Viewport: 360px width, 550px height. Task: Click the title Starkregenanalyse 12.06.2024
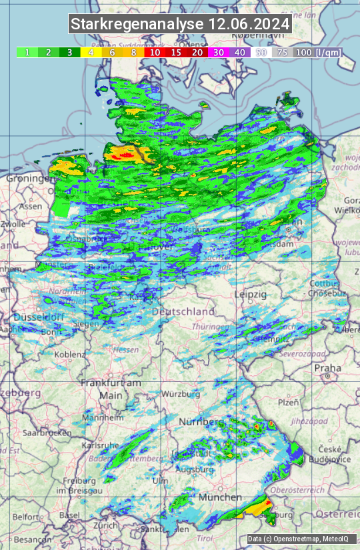[x=180, y=25]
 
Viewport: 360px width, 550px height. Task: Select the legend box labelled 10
[x=155, y=52]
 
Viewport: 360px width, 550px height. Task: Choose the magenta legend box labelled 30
[x=219, y=52]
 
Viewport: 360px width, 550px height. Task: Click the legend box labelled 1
[x=27, y=52]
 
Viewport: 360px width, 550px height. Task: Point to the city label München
[x=220, y=497]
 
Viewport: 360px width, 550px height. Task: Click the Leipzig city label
[x=251, y=294]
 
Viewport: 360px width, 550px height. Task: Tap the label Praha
[x=328, y=368]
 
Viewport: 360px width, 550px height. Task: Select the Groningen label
[x=29, y=179]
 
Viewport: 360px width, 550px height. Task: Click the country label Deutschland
[x=184, y=311]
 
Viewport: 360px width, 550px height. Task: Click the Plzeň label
[x=288, y=402]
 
